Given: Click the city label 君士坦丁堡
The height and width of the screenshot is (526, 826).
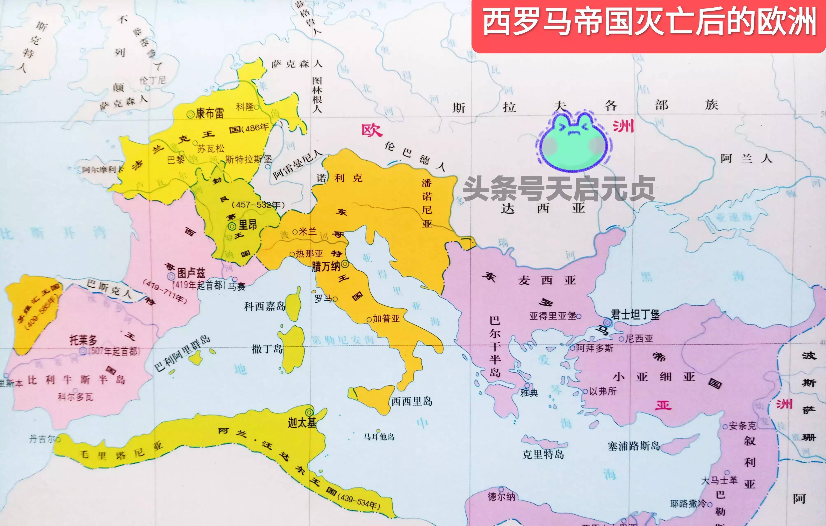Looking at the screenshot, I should pos(635,314).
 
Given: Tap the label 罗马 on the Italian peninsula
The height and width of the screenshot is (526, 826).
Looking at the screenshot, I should pos(323,299).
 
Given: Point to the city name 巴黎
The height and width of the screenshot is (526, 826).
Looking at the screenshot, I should pos(176,160).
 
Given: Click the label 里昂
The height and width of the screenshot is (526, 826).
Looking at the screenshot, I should pos(248,225).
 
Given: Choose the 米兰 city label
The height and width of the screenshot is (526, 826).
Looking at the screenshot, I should pos(307,231).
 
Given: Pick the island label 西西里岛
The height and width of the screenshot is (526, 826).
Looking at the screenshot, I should pos(412,401).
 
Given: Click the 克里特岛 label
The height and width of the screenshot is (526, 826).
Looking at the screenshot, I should pos(543,454).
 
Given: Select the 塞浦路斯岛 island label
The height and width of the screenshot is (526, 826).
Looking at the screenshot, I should pos(634,446).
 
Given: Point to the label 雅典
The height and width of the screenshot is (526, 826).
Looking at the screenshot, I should pos(529,392).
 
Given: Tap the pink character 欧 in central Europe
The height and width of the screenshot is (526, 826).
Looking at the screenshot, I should pos(372,130).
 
